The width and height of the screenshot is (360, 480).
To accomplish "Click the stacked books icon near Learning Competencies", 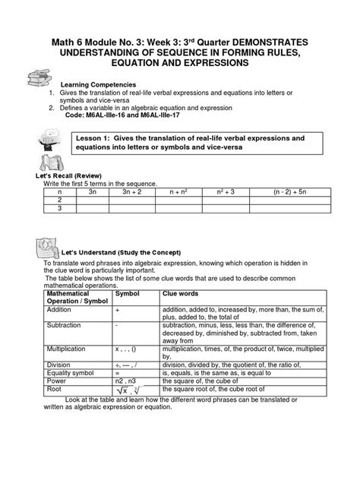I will tap(37, 78).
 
